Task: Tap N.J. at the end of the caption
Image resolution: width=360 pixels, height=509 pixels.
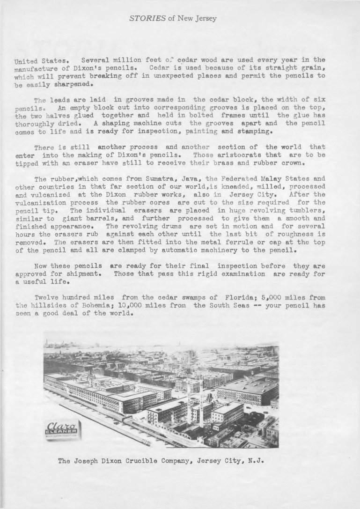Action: pos(257,460)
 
